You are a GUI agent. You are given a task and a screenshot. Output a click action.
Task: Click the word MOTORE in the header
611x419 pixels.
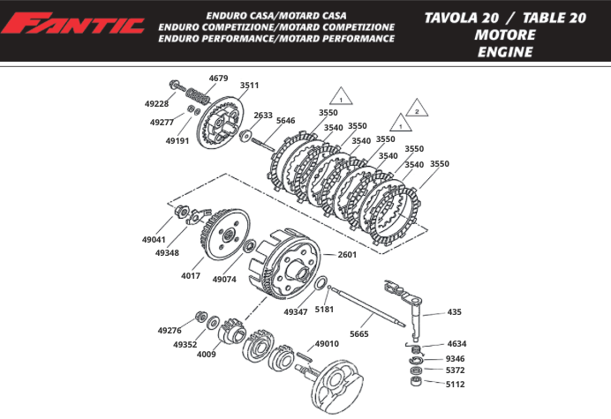pyautogui.click(x=504, y=34)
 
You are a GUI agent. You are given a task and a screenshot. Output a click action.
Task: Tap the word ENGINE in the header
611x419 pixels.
pyautogui.click(x=504, y=52)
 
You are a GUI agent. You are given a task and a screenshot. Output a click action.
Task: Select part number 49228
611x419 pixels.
pyautogui.click(x=156, y=103)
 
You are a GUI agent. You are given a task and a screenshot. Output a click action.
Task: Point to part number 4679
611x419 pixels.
pyautogui.click(x=218, y=79)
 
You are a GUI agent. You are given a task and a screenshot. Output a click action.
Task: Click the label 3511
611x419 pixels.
pyautogui.click(x=249, y=86)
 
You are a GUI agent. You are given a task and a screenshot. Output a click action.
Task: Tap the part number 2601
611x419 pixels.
pyautogui.click(x=347, y=255)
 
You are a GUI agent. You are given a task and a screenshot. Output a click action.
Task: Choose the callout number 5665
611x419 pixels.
pyautogui.click(x=359, y=333)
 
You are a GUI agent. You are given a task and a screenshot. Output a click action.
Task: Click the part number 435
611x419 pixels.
pyautogui.click(x=455, y=311)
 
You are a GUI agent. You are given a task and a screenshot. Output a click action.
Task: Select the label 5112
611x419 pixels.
pyautogui.click(x=455, y=385)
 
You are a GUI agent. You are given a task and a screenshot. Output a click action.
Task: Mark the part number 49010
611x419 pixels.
pyautogui.click(x=327, y=343)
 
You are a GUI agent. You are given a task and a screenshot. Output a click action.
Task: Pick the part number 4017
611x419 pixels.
pyautogui.click(x=191, y=275)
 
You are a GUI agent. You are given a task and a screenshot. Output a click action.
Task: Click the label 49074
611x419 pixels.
pyautogui.click(x=224, y=279)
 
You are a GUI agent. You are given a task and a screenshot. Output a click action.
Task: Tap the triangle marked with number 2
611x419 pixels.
pyautogui.click(x=416, y=112)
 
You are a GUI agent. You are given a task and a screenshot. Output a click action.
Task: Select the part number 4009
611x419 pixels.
pyautogui.click(x=206, y=354)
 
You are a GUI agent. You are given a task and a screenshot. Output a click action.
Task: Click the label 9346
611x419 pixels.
pyautogui.click(x=455, y=358)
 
